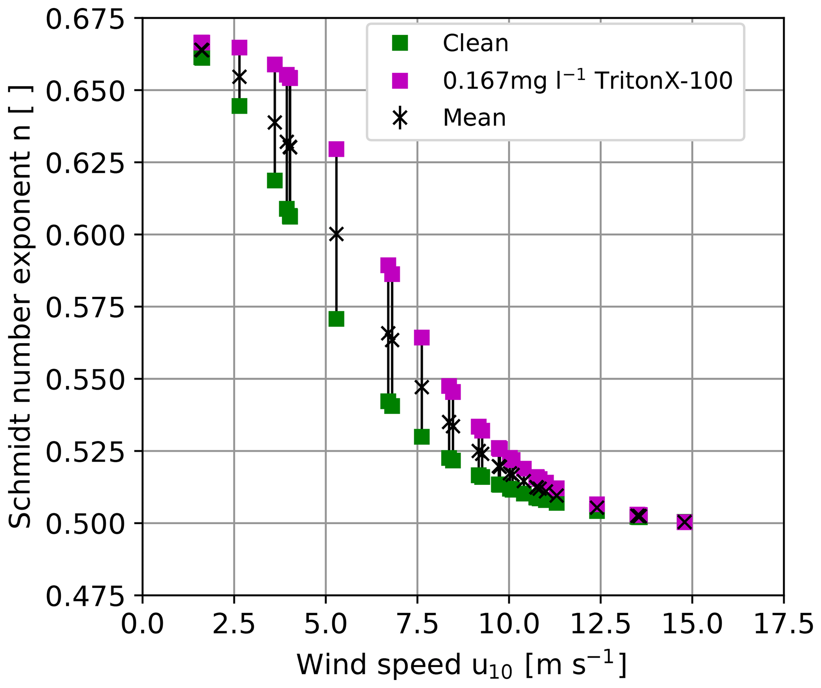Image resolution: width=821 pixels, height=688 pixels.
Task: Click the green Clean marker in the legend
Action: pos(400,43)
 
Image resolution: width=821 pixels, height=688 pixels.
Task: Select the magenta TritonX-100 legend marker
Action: pos(400,80)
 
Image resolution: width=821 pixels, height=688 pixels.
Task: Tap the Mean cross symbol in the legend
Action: pos(400,118)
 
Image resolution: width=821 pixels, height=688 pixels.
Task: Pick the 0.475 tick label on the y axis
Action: pos(85,596)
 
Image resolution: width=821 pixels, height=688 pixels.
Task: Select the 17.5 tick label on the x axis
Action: pos(783,624)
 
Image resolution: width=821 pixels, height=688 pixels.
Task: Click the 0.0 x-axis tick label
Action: pos(142,624)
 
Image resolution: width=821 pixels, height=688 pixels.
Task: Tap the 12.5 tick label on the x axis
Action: pos(600,624)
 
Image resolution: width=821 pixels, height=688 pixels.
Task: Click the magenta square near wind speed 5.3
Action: pos(336,149)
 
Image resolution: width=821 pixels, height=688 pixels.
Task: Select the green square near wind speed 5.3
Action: pos(336,319)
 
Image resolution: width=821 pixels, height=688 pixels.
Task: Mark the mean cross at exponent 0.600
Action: pos(336,235)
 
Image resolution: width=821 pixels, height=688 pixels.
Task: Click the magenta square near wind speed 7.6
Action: pos(422,337)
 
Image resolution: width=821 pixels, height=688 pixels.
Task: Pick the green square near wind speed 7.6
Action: pos(422,437)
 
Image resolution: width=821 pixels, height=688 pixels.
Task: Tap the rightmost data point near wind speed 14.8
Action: pos(684,522)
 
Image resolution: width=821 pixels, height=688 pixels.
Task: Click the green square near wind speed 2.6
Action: pos(239,106)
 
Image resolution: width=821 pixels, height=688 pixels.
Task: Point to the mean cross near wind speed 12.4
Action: pos(597,507)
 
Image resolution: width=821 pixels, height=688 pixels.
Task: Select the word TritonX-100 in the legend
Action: pos(664,81)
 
